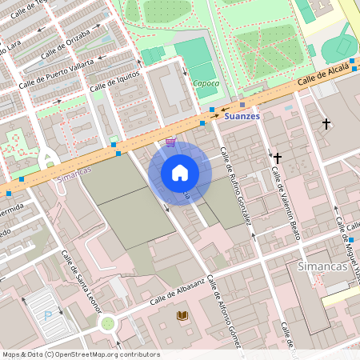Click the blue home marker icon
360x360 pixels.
pos(180,172)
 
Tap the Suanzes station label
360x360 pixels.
pos(242,116)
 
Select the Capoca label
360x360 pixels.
pos(206,82)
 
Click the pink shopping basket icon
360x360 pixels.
pos(170,142)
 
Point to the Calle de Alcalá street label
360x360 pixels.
pos(326,75)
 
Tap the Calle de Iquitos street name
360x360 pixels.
pos(114,81)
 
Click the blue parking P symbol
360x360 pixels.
pos(47,315)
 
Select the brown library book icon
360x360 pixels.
pos(182,316)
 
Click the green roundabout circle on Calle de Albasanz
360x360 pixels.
pos(107,323)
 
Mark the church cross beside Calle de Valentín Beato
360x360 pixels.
pos(278,158)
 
